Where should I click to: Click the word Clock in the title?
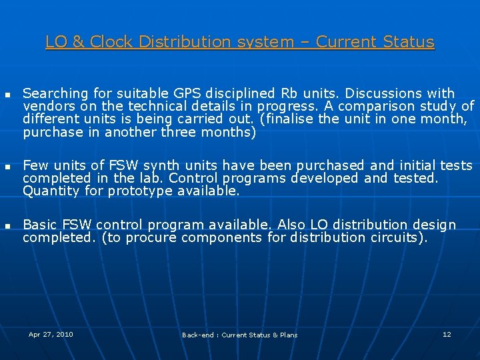click(111, 41)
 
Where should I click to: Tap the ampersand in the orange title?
click(79, 41)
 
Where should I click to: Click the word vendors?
click(49, 106)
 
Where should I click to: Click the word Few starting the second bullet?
click(35, 165)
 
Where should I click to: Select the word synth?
click(161, 165)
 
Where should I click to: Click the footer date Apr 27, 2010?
click(51, 334)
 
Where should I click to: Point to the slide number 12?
click(447, 334)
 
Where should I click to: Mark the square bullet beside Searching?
click(7, 95)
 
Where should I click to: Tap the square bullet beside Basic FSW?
click(7, 227)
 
